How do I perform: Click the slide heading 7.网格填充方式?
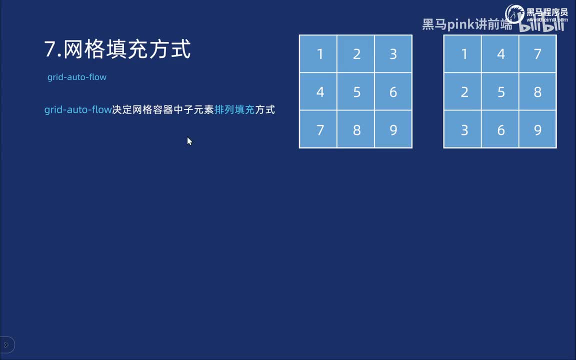click(117, 50)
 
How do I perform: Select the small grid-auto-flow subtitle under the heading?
click(77, 77)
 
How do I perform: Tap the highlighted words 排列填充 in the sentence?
click(234, 109)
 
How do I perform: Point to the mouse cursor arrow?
click(189, 141)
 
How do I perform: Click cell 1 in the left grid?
click(318, 54)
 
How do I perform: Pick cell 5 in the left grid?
click(356, 92)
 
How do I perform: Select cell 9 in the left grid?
click(393, 129)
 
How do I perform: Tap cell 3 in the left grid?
click(393, 54)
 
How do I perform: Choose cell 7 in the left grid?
click(318, 129)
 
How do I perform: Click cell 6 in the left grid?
click(393, 92)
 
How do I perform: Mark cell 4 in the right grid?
click(500, 54)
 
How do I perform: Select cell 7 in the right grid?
click(537, 54)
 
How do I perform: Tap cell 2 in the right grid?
click(463, 92)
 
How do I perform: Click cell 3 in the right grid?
click(463, 129)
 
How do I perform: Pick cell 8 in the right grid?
click(537, 92)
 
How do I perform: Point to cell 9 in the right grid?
click(537, 129)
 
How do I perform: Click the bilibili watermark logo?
click(542, 25)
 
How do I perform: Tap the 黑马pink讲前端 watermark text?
click(467, 24)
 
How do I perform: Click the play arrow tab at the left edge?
click(6, 344)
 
